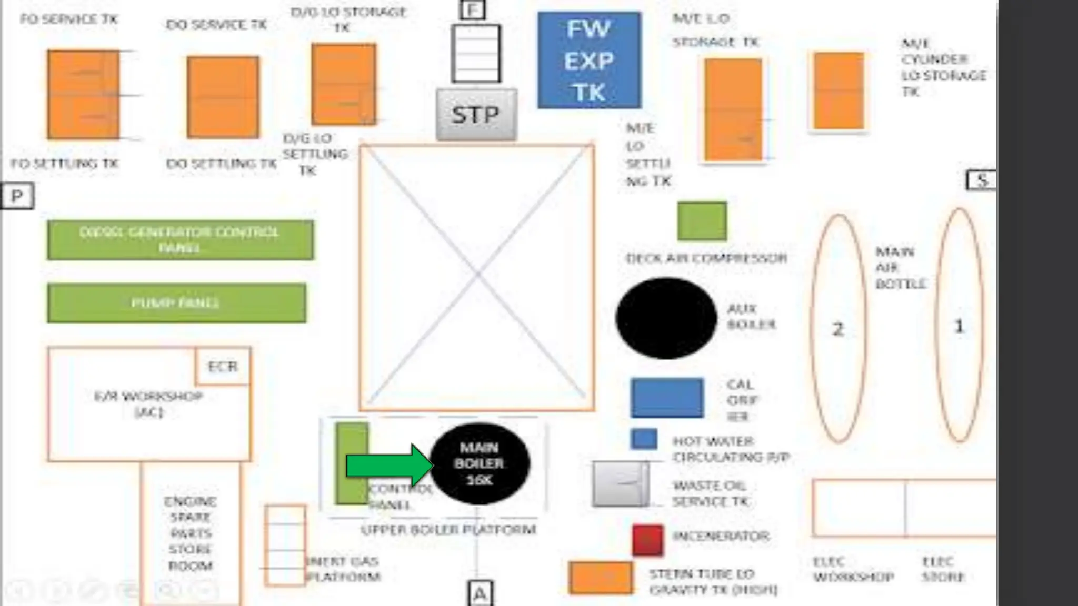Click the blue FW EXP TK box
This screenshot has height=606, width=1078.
589,60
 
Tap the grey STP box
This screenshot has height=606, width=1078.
476,114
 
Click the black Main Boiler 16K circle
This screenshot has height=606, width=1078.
480,463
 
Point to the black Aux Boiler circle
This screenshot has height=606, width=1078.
666,318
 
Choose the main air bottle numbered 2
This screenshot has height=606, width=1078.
838,328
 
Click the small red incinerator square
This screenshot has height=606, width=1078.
647,540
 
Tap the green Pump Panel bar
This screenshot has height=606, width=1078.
176,303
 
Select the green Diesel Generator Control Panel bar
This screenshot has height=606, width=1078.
180,240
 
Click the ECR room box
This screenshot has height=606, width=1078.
223,366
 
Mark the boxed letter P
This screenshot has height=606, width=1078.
17,196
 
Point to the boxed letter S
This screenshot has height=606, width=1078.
981,180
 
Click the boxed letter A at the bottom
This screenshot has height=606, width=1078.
480,593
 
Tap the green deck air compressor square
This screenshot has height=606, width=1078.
702,221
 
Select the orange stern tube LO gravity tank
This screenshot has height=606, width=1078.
601,578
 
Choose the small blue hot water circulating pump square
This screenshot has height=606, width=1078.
644,439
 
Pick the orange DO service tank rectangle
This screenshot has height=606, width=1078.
223,97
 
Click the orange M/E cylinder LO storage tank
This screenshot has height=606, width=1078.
839,91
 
